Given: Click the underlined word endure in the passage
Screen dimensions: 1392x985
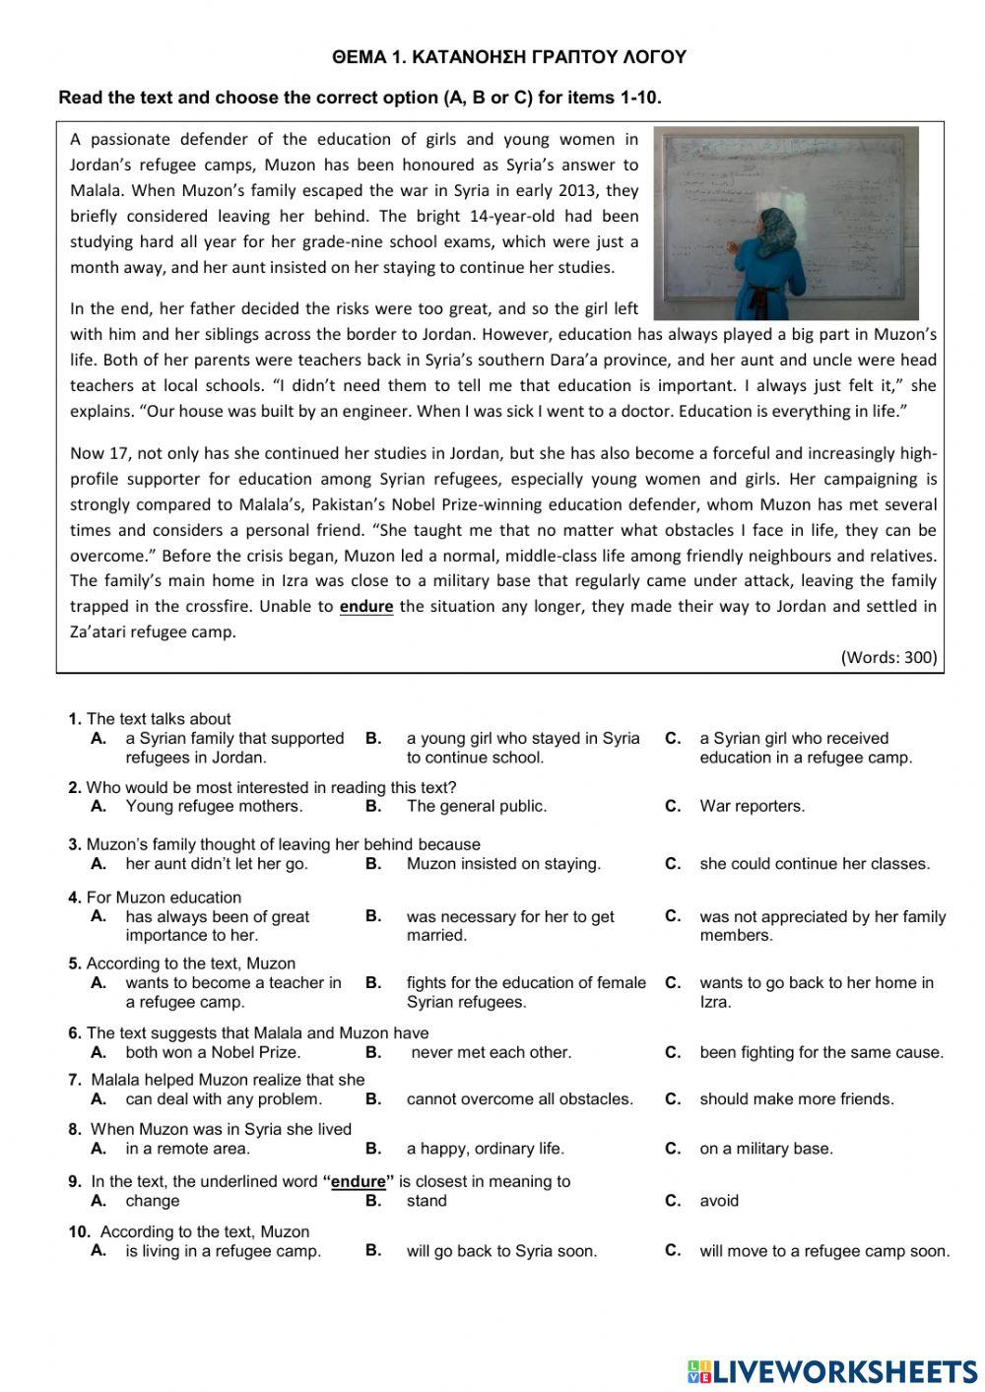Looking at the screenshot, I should click(365, 607).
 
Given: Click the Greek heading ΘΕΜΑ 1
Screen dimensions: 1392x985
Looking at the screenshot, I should click(509, 58).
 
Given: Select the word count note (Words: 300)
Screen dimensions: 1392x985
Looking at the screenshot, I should click(888, 657).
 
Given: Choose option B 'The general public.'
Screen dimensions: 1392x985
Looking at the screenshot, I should click(476, 806).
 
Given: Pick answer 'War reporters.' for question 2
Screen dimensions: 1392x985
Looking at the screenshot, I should click(752, 806).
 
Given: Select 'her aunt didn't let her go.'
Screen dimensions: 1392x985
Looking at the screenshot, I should click(217, 864).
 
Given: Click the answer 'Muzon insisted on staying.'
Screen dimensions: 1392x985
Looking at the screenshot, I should click(503, 864).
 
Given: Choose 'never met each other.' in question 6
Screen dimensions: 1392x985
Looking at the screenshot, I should click(491, 1052).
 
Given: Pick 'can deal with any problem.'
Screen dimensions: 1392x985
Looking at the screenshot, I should click(224, 1098).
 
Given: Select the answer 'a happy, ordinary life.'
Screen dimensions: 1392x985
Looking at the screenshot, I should click(486, 1149).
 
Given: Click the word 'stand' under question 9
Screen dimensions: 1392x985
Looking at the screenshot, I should click(427, 1201).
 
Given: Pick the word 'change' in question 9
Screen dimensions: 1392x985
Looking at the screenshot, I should click(153, 1201).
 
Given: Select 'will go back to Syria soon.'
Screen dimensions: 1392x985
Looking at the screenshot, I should click(501, 1252).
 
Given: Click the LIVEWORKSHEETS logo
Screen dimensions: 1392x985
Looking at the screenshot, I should click(831, 1370).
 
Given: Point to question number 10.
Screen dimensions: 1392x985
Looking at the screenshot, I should click(80, 1231).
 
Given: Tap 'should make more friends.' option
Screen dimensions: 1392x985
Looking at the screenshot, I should click(797, 1098).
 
